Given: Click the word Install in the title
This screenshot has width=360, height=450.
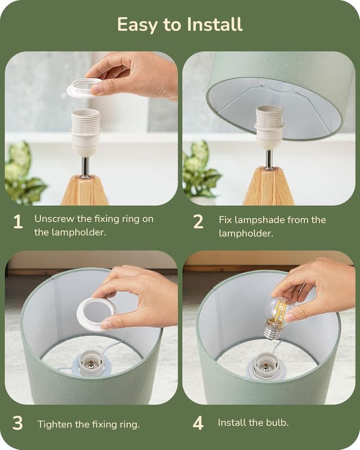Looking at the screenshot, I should click(x=211, y=25).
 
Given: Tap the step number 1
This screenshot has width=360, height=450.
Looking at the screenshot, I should click(x=18, y=222).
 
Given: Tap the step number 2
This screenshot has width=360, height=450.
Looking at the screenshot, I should click(x=198, y=222).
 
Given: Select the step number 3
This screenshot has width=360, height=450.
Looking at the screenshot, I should click(x=18, y=423).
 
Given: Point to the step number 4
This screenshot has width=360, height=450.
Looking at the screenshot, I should click(x=198, y=423).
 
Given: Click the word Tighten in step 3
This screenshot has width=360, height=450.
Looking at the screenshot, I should click(x=55, y=424).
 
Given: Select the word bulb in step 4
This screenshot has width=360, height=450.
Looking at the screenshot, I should click(x=278, y=422).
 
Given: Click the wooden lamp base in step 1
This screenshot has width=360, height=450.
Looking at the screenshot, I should click(x=84, y=191).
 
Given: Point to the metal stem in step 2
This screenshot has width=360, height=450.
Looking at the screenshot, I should click(x=269, y=160).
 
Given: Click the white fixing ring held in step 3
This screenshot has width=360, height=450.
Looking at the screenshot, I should click(x=95, y=312).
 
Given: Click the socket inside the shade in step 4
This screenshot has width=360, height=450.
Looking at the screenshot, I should click(x=266, y=366).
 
